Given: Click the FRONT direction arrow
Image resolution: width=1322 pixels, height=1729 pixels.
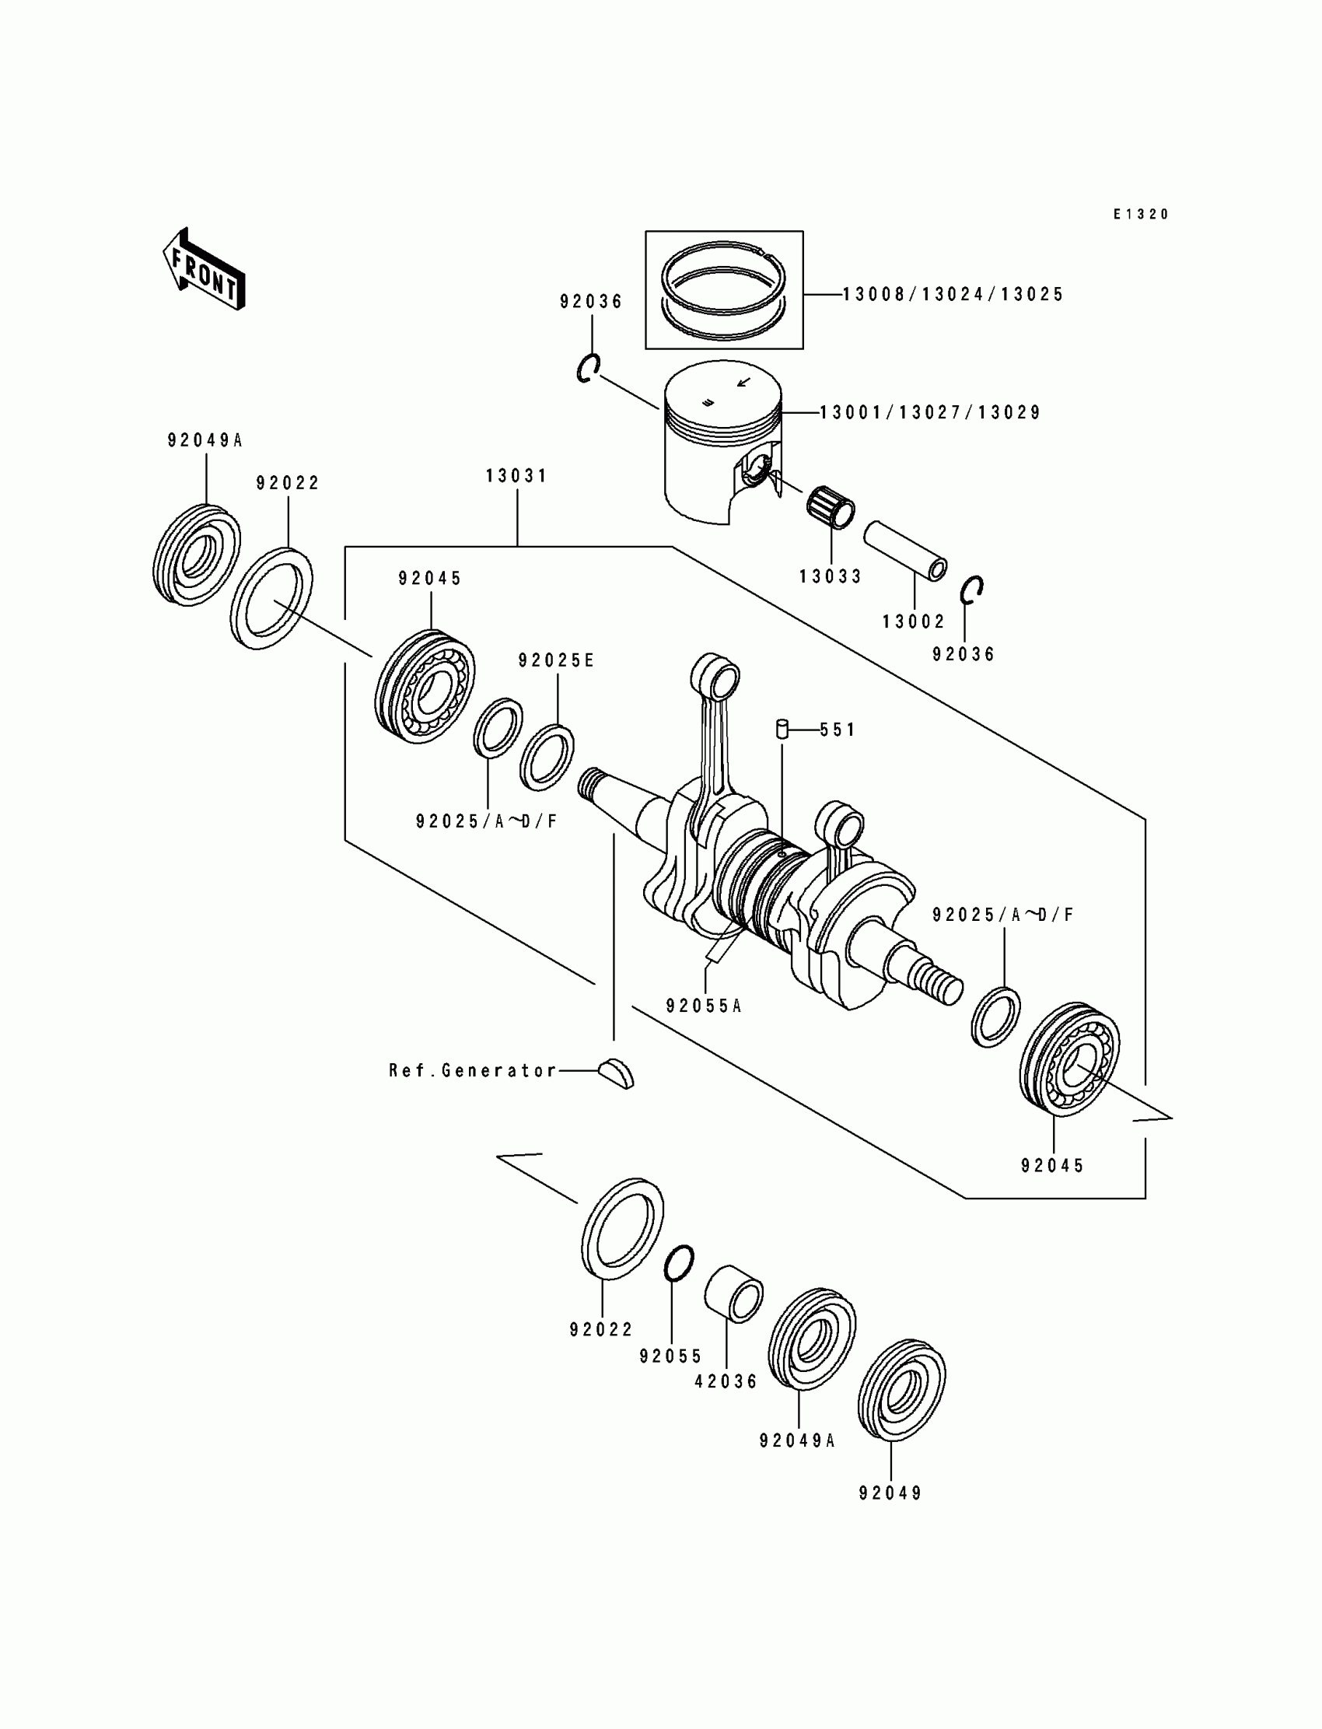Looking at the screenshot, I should tap(204, 270).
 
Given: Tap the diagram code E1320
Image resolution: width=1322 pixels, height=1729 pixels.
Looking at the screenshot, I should tap(1141, 214).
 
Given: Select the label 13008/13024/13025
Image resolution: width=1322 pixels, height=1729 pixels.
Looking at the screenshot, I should tap(953, 294).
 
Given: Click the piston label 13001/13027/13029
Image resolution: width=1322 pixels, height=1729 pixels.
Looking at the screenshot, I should tap(931, 412).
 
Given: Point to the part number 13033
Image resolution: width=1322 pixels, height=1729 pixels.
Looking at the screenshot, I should tap(831, 576).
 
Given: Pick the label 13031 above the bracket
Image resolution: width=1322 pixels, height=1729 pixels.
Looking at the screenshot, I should tap(517, 476).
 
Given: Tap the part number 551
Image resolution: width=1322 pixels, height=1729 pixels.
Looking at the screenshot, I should tap(838, 730).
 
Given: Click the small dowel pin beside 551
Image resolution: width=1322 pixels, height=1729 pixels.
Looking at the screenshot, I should tap(782, 729).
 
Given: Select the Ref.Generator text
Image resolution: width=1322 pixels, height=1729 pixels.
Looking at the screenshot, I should tap(473, 1070).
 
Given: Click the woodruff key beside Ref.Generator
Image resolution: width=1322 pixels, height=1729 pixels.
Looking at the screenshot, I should tap(616, 1073).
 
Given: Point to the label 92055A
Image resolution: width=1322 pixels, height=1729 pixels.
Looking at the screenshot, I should tap(705, 1006).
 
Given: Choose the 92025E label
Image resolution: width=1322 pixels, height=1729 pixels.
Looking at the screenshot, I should tap(556, 661).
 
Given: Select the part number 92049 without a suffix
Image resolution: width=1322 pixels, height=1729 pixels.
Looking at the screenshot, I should tap(890, 1493).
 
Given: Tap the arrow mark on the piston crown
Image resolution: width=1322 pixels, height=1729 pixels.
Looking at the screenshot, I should tap(743, 383).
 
